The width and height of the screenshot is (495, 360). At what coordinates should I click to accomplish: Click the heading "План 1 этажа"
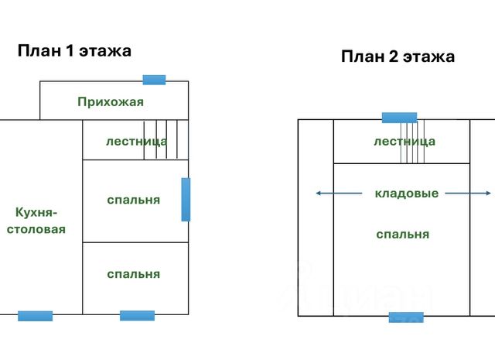tap(74, 51)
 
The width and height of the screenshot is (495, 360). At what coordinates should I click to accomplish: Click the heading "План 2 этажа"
tap(398, 57)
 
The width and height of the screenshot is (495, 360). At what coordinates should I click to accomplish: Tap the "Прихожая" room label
tap(111, 102)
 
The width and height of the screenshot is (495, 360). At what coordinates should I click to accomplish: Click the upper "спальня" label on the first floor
tap(134, 200)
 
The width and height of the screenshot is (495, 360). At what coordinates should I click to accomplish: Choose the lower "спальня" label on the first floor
tap(134, 273)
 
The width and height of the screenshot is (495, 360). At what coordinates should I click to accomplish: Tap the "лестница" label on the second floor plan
tap(404, 142)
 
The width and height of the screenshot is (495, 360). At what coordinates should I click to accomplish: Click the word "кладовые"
tap(406, 194)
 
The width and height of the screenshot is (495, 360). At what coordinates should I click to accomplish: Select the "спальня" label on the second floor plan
tap(403, 234)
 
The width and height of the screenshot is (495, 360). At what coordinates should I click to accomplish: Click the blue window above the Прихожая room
tap(154, 79)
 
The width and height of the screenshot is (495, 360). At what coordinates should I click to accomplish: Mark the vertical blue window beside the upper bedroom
tap(186, 200)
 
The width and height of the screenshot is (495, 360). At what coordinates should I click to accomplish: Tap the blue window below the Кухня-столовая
tap(35, 316)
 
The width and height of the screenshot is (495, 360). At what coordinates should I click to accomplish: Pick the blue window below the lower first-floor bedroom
tap(137, 316)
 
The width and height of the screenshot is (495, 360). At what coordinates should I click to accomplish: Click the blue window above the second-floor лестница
tap(399, 118)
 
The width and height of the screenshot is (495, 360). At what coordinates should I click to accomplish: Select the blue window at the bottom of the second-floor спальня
tap(406, 317)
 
